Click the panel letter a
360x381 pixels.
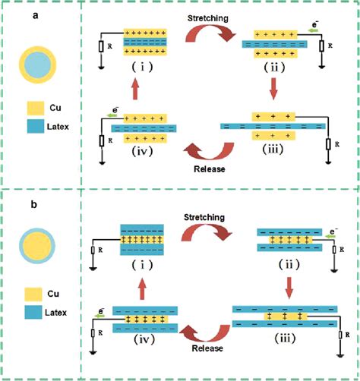pos(36,16)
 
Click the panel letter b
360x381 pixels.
pos(34,204)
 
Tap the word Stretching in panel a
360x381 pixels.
pos(208,18)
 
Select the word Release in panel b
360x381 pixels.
pos(207,348)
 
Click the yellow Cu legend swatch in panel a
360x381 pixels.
pos(36,108)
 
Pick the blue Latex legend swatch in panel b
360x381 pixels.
pos(33,312)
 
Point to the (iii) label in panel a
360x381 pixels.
pos(273,150)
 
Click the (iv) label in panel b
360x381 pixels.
pos(144,340)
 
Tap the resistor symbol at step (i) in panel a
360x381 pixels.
pos(101,47)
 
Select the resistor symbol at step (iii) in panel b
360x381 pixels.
pos(341,335)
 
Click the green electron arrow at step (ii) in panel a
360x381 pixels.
pos(313,30)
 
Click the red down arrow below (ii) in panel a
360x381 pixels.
pos(273,89)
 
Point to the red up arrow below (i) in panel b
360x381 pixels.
pos(142,288)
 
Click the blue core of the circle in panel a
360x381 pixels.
pos(38,65)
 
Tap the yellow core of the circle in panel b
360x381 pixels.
pos(37,246)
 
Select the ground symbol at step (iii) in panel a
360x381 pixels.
pos(328,162)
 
